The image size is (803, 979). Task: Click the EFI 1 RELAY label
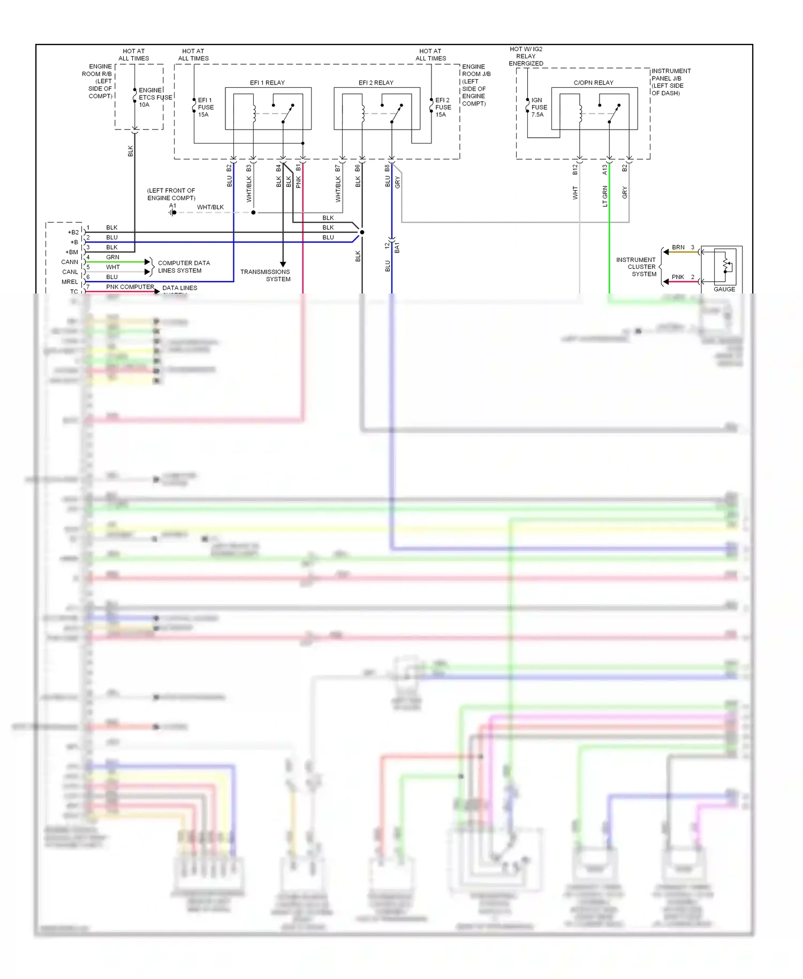[267, 82]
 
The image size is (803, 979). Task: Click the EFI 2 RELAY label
[376, 82]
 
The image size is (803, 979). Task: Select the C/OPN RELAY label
[593, 82]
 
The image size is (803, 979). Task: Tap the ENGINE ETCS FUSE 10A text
[154, 97]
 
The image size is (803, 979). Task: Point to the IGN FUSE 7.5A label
[539, 107]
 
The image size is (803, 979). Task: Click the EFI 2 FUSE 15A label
[443, 107]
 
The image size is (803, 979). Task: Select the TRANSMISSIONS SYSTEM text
[266, 275]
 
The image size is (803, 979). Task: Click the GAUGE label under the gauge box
[724, 289]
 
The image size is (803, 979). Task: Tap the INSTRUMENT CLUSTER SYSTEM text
[637, 267]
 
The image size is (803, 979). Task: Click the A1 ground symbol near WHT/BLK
[172, 213]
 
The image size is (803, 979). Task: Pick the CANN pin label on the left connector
[70, 262]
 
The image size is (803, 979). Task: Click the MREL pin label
[70, 282]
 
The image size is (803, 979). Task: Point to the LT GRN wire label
[605, 196]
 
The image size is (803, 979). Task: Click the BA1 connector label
[397, 247]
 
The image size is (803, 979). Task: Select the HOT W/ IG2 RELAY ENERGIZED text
[526, 56]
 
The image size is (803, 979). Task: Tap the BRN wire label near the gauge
[678, 247]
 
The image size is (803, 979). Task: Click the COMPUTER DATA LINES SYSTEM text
[184, 267]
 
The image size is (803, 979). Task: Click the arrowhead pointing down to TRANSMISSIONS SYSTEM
[283, 264]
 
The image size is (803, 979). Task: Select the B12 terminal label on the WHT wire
[575, 169]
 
